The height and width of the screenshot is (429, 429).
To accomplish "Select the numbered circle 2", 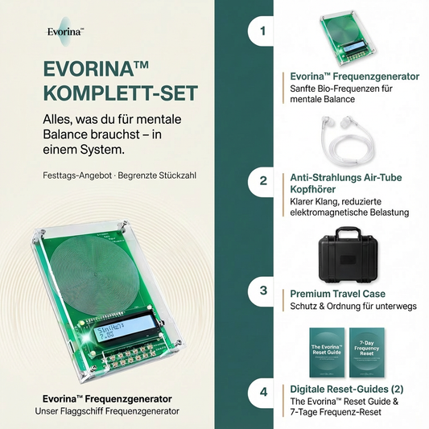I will [263, 181].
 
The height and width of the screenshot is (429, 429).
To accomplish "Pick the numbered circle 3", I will [263, 290].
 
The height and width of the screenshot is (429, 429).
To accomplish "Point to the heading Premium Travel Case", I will [336, 294].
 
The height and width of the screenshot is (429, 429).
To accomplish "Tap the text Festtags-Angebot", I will [73, 175].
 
